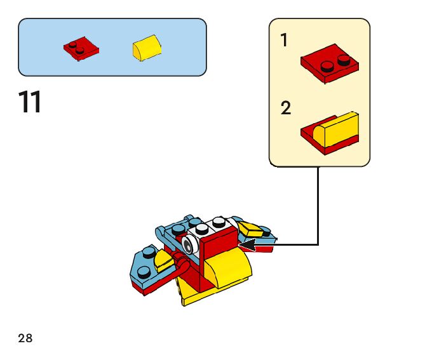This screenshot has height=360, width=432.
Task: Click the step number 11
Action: click(x=30, y=103)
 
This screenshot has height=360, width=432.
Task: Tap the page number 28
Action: click(x=25, y=338)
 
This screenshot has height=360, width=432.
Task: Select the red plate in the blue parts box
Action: click(x=81, y=49)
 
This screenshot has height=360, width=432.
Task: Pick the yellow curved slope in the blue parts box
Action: click(x=147, y=48)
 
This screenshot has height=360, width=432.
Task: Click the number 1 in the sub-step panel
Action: click(x=284, y=41)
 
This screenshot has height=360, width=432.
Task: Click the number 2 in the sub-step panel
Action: click(x=286, y=109)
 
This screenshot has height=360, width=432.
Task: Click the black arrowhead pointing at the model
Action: click(x=246, y=243)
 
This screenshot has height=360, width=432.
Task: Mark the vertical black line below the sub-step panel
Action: click(x=318, y=203)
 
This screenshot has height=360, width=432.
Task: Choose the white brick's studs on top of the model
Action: click(x=210, y=225)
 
